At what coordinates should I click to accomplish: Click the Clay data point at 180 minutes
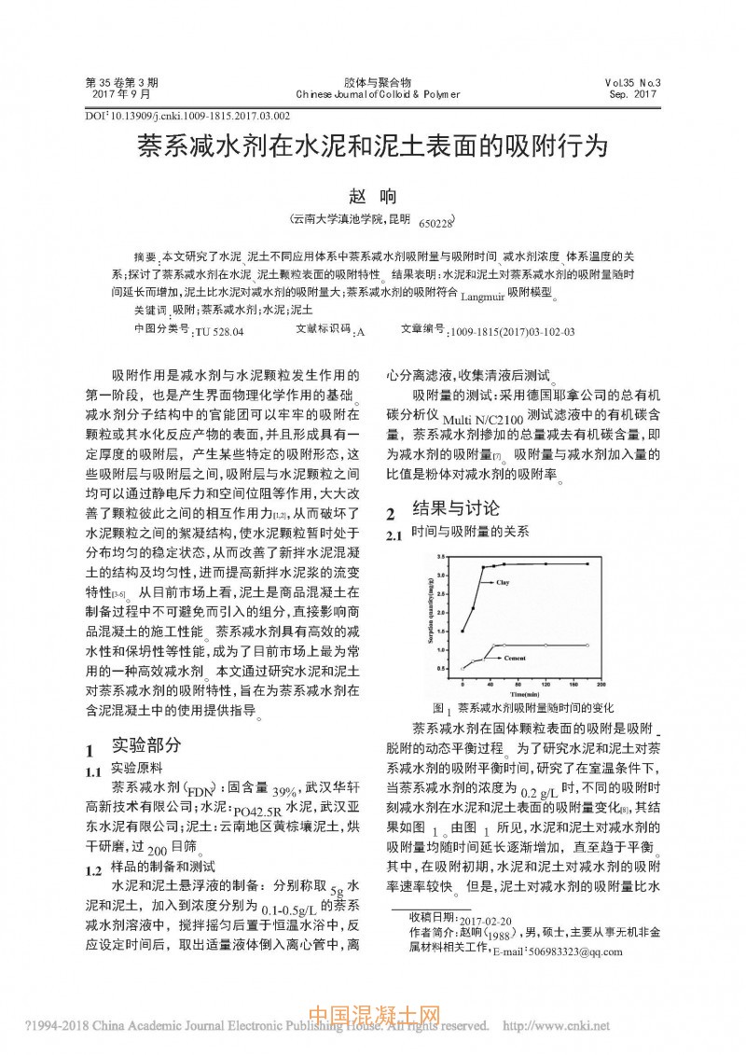click(587, 563)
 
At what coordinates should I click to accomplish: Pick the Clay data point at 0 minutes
click(463, 632)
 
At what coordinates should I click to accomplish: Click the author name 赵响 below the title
click(372, 197)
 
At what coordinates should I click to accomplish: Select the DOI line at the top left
click(187, 117)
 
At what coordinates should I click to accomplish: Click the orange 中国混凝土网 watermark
click(373, 1017)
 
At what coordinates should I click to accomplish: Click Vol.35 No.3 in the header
click(632, 82)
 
